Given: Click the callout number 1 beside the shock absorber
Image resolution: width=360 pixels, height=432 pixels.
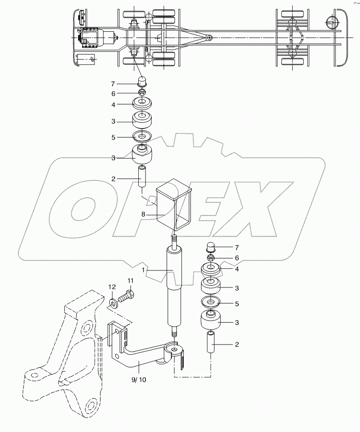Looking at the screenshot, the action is [143, 270].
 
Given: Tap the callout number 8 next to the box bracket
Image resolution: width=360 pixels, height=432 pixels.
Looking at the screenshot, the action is [143, 214].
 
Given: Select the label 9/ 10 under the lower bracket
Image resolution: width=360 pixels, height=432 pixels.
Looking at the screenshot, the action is [139, 380].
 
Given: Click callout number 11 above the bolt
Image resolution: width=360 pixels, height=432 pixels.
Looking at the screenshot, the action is [130, 281].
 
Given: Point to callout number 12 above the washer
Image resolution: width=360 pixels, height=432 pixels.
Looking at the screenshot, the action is [112, 287].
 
